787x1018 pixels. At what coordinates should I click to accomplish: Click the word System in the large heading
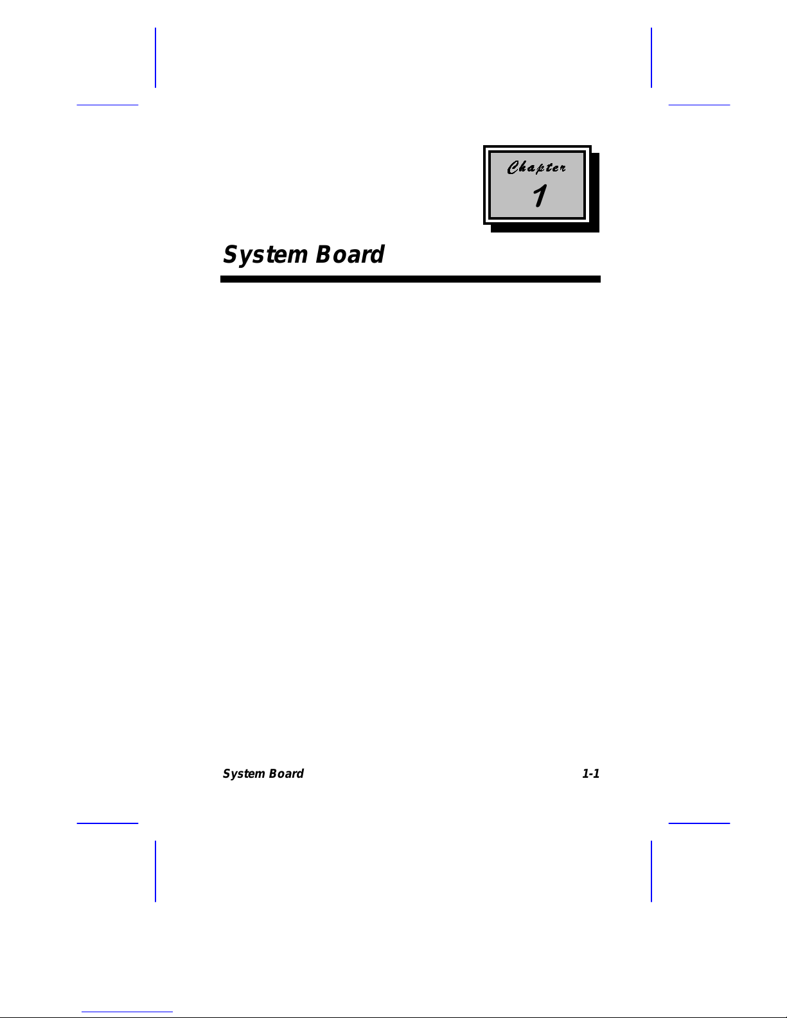click(265, 256)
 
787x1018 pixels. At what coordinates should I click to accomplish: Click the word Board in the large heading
click(350, 254)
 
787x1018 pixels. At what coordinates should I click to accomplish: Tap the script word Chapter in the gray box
click(536, 168)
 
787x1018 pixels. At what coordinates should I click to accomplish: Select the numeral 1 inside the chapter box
click(540, 195)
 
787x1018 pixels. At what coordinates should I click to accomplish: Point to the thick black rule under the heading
click(411, 279)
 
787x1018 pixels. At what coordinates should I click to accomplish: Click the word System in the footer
click(243, 774)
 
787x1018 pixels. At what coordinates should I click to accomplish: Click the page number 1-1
click(590, 773)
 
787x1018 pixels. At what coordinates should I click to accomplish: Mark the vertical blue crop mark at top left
click(155, 58)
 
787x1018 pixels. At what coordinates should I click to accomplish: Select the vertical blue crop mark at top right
click(651, 58)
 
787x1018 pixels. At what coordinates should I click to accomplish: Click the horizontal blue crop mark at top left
click(107, 105)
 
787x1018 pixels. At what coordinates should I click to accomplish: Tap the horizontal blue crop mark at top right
click(699, 105)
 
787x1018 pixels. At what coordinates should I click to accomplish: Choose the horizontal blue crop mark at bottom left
click(107, 823)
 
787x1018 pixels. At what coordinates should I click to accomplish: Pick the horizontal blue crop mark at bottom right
click(699, 823)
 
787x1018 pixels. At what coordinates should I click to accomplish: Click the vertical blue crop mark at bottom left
click(155, 871)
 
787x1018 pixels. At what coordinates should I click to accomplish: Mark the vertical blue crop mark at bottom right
click(651, 871)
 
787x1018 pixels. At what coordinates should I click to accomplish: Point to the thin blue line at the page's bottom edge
click(127, 1012)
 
